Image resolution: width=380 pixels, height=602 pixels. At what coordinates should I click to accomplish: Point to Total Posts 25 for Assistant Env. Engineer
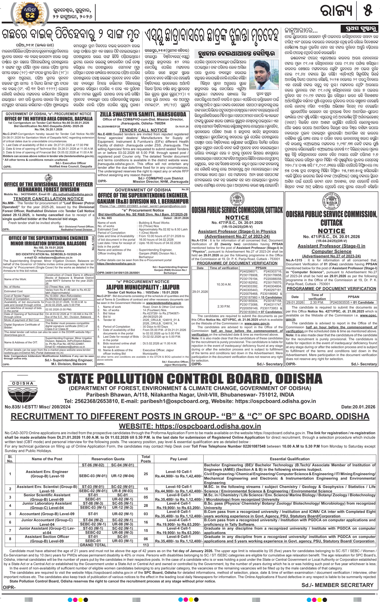pyautogui.click(x=146, y=474)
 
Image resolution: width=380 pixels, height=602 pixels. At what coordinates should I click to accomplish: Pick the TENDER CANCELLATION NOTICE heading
pyautogui.click(x=48, y=199)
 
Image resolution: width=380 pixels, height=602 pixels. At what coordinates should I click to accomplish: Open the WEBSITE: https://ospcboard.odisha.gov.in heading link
pyautogui.click(x=190, y=426)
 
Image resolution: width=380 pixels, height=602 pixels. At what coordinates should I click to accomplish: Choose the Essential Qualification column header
pyautogui.click(x=289, y=459)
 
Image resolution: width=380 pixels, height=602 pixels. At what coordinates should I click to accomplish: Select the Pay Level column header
pyautogui.click(x=178, y=459)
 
